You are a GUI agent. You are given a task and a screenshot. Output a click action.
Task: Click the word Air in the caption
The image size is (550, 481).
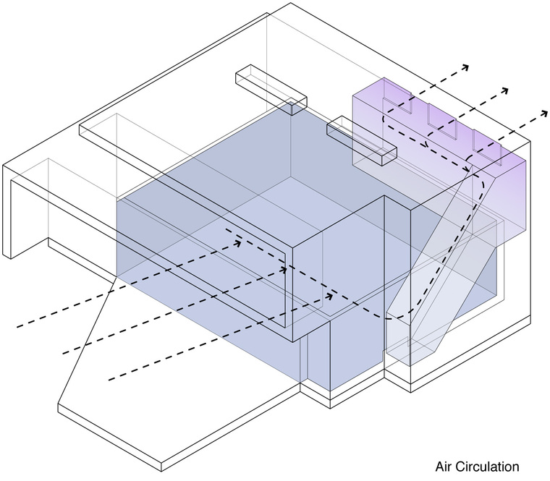pyautogui.click(x=445, y=467)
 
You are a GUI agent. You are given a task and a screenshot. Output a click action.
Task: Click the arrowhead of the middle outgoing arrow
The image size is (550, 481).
pyautogui.click(x=504, y=91)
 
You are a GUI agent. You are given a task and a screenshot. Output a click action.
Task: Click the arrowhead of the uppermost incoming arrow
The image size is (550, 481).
pyautogui.click(x=237, y=244)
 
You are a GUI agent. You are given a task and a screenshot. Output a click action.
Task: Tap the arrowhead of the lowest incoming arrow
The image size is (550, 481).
pyautogui.click(x=329, y=295)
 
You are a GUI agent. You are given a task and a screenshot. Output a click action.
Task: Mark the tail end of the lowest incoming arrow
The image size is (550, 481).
pyautogui.click(x=110, y=379)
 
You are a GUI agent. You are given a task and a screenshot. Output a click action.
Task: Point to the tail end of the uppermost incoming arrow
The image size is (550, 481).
pyautogui.click(x=17, y=327)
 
